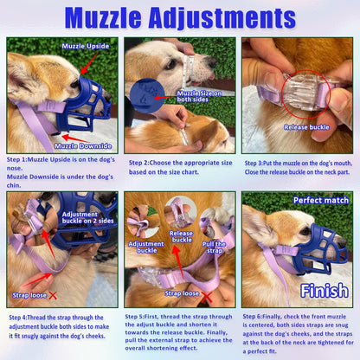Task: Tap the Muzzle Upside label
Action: tap(84, 45)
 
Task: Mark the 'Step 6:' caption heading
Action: tap(258, 317)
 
